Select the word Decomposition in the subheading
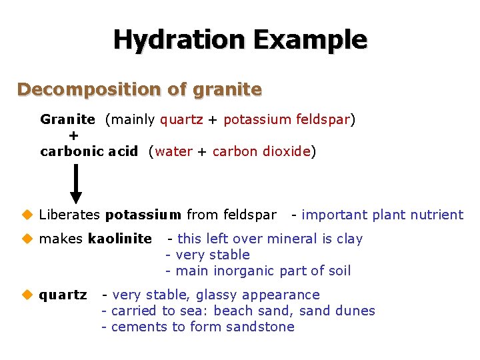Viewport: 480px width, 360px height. pyautogui.click(x=83, y=89)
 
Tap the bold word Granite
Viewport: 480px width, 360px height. pyautogui.click(x=67, y=120)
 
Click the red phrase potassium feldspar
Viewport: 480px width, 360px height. pyautogui.click(x=287, y=120)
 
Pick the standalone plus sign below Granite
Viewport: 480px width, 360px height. pyautogui.click(x=73, y=135)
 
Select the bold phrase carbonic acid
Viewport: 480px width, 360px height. pyautogui.click(x=89, y=151)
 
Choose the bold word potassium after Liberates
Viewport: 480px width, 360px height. pyautogui.click(x=143, y=215)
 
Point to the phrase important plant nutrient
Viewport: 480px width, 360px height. pyautogui.click(x=382, y=215)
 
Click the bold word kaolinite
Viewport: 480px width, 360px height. pyautogui.click(x=119, y=239)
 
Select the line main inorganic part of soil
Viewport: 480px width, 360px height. pyautogui.click(x=263, y=271)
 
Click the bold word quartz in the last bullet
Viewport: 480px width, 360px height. pyautogui.click(x=63, y=295)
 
